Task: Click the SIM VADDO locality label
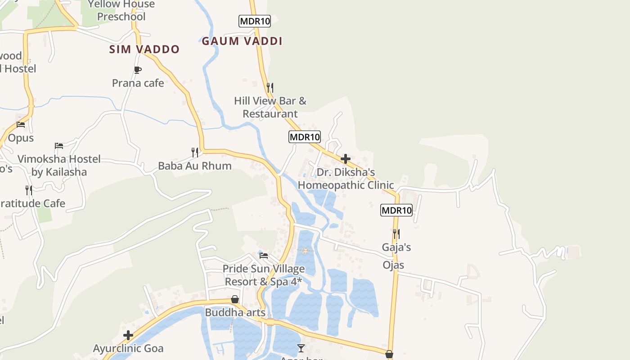144,49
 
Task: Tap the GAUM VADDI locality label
242,41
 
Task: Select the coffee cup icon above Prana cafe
138,70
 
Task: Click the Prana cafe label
138,83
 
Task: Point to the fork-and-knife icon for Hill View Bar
270,87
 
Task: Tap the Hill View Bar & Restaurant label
270,107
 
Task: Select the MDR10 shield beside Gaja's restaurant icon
396,210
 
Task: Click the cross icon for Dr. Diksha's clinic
346,159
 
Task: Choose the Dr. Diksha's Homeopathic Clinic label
346,179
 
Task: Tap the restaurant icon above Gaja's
396,234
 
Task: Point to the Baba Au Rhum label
195,166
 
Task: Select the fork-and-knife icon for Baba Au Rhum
195,152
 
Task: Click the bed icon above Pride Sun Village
264,256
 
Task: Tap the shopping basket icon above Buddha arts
234,299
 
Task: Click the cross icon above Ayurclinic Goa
128,335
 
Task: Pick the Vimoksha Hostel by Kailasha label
59,165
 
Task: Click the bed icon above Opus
21,125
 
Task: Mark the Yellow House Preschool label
121,10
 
